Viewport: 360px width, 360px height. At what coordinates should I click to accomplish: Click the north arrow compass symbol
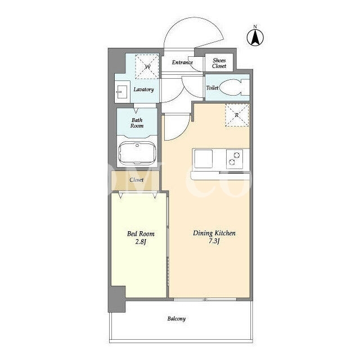point(255,37)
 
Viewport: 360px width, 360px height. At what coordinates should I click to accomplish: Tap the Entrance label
point(182,62)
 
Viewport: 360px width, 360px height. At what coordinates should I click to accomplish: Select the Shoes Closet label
point(219,63)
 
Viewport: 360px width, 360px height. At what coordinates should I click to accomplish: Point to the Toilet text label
point(212,88)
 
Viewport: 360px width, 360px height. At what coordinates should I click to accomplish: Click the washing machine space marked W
point(147,67)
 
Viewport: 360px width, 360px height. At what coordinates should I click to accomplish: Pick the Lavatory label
point(143,89)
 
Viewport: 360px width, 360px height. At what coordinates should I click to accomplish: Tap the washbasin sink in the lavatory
point(121,92)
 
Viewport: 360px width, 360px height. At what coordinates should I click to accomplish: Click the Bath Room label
point(137,123)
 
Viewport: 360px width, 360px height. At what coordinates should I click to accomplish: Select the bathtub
point(137,153)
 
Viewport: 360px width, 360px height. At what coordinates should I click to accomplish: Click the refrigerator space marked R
point(237,115)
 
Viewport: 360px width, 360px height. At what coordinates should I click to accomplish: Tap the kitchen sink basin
point(203,159)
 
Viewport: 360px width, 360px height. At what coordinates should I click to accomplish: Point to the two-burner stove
point(235,159)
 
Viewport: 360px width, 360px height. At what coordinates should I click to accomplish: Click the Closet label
point(136,180)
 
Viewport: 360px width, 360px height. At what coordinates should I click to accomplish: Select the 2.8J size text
point(141,242)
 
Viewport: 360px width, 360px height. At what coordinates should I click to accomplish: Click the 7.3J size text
point(214,241)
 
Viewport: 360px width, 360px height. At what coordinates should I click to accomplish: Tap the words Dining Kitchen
point(214,233)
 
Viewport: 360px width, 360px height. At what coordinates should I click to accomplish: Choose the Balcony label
point(176,319)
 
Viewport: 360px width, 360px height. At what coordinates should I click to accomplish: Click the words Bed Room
point(141,234)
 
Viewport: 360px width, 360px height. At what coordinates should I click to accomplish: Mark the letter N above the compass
point(255,27)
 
